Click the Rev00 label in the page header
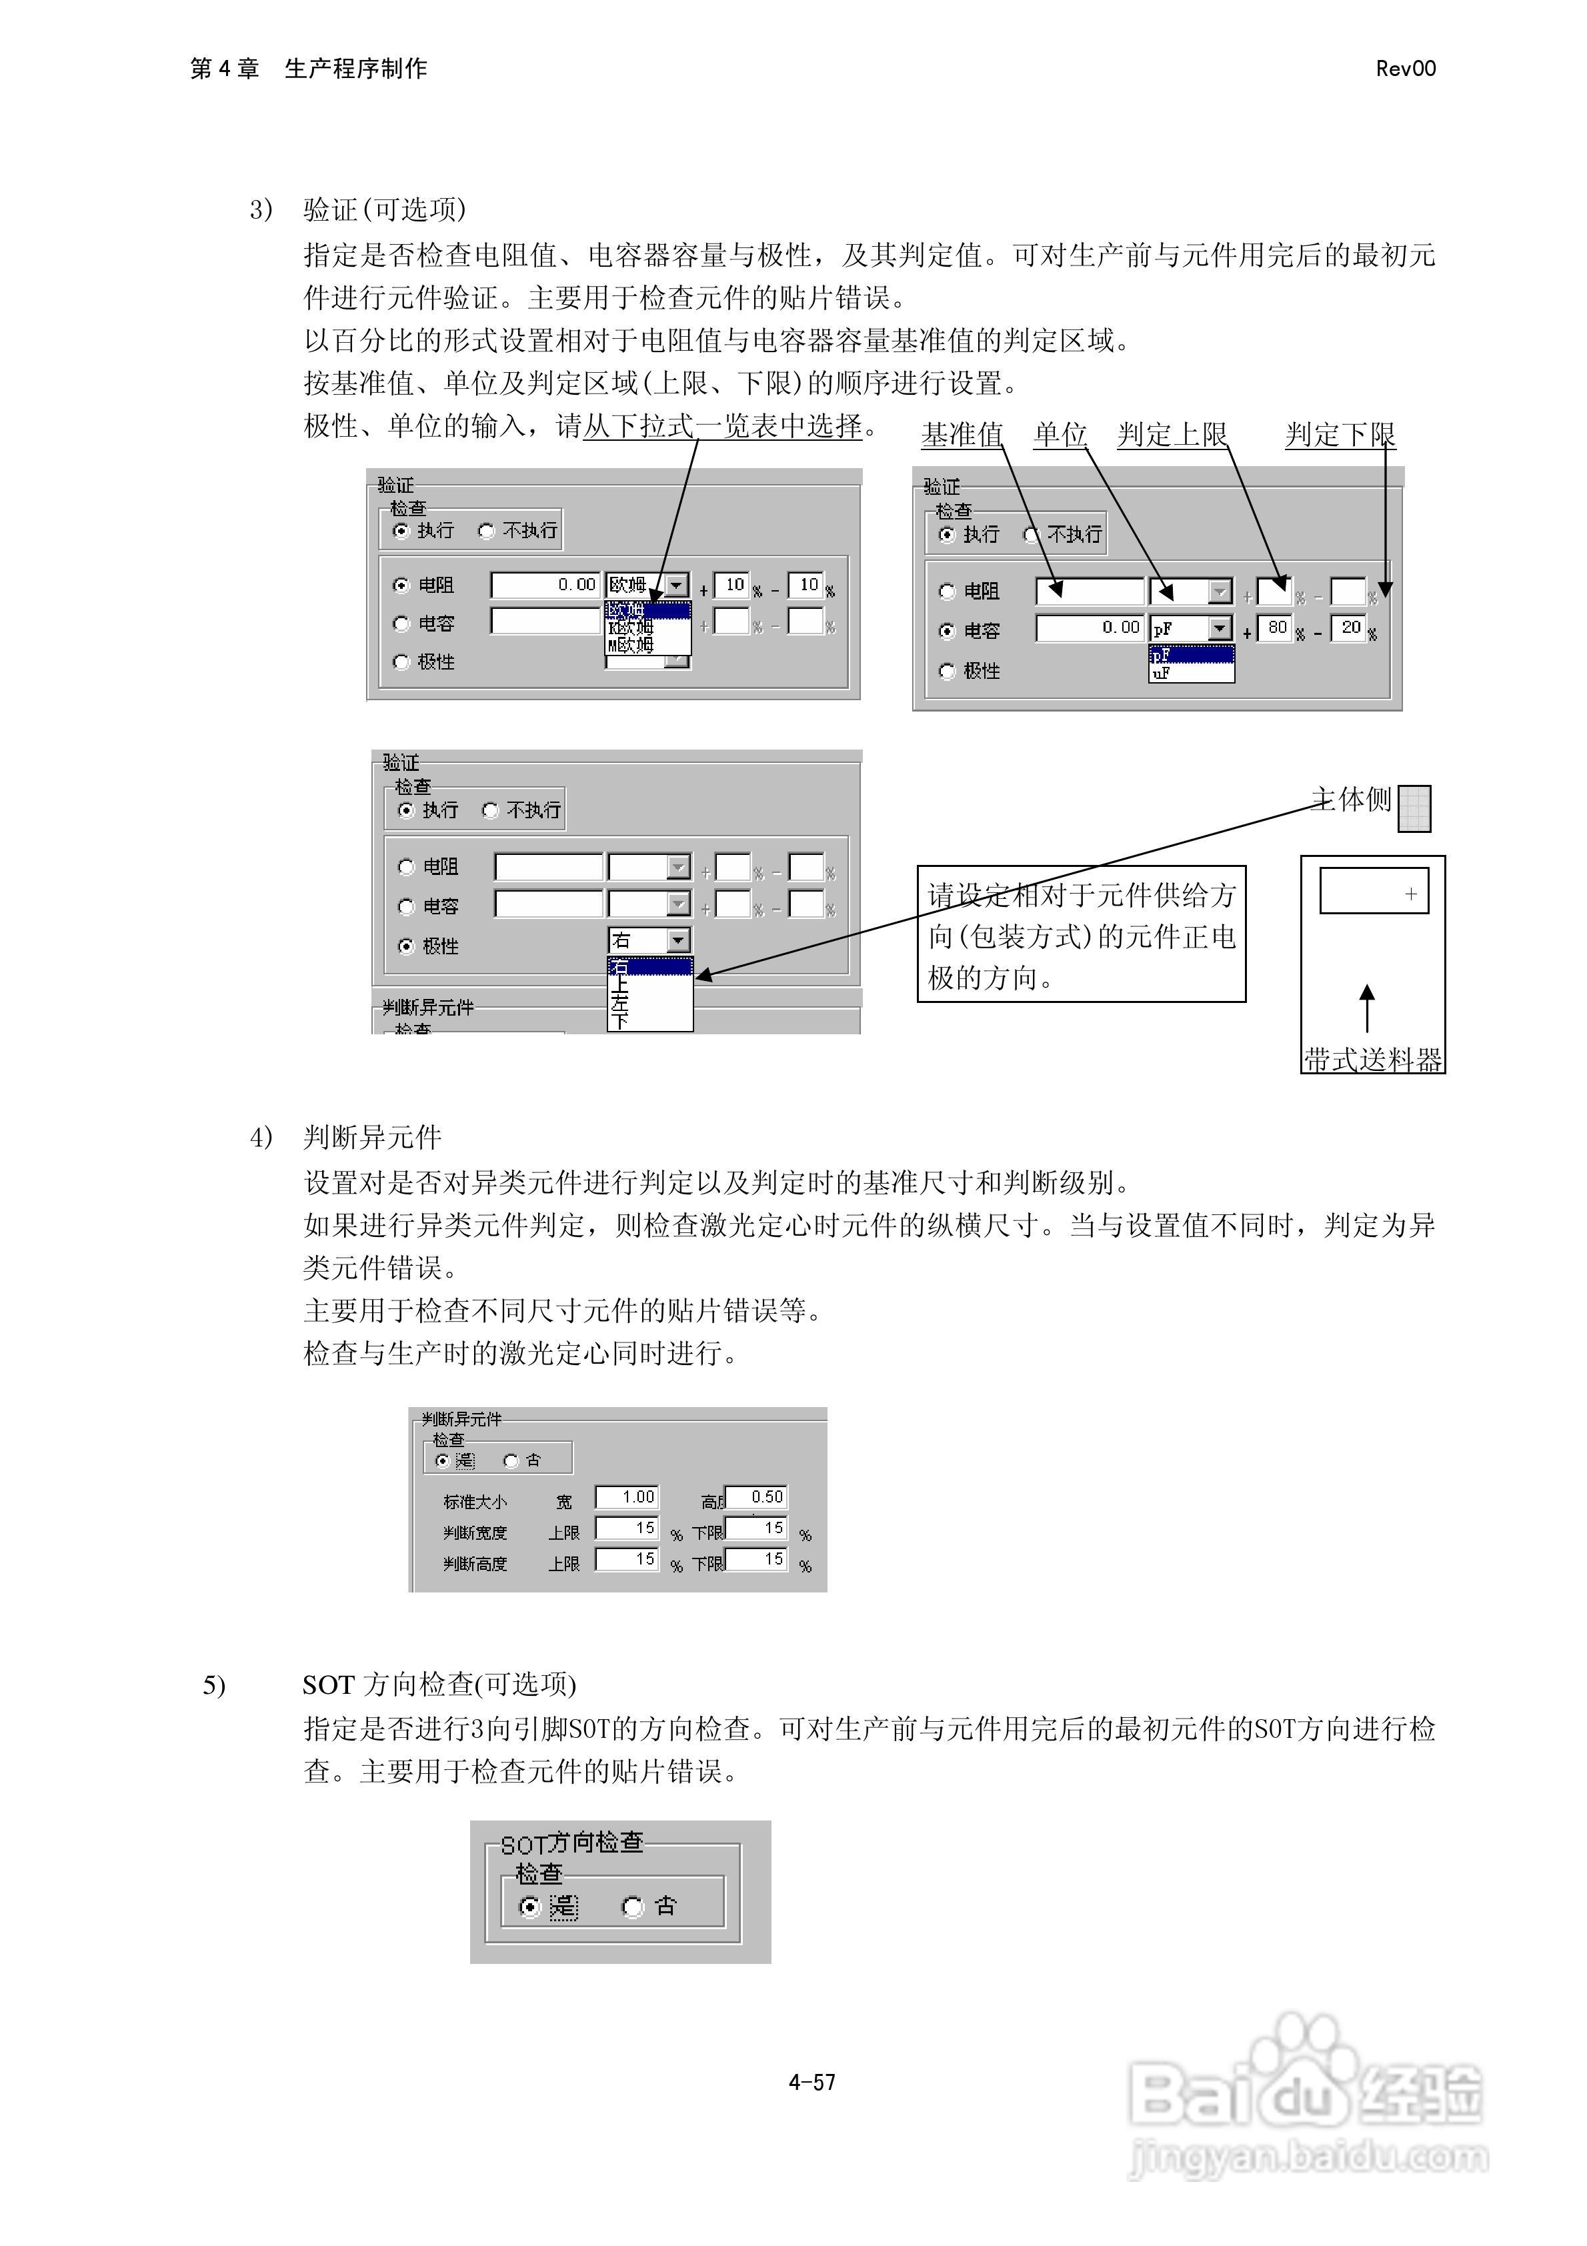point(1405,69)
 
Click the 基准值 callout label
point(962,434)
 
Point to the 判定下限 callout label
point(1340,434)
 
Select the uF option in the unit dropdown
point(1190,673)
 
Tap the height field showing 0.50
point(756,1496)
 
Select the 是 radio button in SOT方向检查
point(529,1907)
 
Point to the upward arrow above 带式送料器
point(1368,1008)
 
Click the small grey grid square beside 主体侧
point(1414,809)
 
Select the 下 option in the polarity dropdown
point(619,1021)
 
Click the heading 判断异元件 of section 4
point(372,1138)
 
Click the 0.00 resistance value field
point(546,585)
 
